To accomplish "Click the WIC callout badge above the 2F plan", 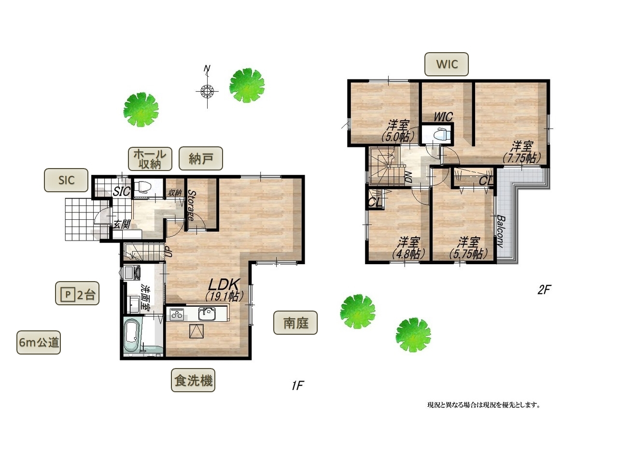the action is [447, 64].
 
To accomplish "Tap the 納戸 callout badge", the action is [200, 158].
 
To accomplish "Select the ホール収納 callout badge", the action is [150, 159].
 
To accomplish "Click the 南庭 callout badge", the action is [295, 323].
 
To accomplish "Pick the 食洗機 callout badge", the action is [193, 380].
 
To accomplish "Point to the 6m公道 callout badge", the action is [39, 342].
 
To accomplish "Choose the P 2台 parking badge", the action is [77, 293].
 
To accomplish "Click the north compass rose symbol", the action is [207, 90].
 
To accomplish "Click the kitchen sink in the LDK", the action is [207, 314].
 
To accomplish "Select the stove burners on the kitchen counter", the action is [177, 314].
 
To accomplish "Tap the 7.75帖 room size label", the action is [521, 158].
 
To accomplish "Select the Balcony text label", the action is [501, 231].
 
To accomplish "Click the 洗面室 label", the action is [145, 298].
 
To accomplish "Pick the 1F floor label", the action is [298, 385].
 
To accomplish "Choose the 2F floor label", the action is [544, 290].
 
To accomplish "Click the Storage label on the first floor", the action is [191, 205].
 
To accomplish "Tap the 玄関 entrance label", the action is [121, 224].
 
